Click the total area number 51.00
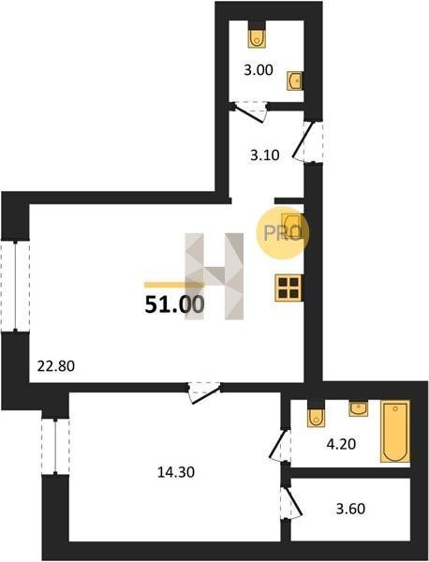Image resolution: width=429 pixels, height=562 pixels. (x=174, y=304)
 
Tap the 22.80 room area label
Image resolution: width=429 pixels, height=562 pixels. (x=56, y=366)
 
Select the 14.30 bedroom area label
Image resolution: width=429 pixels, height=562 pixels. (x=176, y=472)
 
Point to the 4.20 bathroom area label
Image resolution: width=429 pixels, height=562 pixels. (x=341, y=444)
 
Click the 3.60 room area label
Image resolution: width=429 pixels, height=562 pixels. (x=350, y=509)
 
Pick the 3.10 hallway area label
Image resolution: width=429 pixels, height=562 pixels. (x=265, y=155)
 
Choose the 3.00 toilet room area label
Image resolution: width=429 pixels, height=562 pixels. (x=258, y=70)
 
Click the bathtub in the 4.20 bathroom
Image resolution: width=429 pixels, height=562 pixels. (x=395, y=431)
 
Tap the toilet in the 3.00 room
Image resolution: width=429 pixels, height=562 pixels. (x=257, y=35)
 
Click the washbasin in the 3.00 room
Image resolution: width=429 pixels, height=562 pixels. (x=294, y=81)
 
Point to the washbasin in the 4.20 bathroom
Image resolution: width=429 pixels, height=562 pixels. (x=359, y=408)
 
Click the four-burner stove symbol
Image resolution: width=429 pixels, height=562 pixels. (x=288, y=288)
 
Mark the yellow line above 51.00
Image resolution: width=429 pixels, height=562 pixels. (x=173, y=286)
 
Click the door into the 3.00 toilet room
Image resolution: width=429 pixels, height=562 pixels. (x=250, y=112)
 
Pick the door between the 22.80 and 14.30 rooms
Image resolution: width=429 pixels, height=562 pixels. (x=204, y=392)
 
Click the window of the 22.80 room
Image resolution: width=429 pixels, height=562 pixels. (x=15, y=286)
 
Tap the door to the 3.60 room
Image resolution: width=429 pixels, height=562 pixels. (x=290, y=501)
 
